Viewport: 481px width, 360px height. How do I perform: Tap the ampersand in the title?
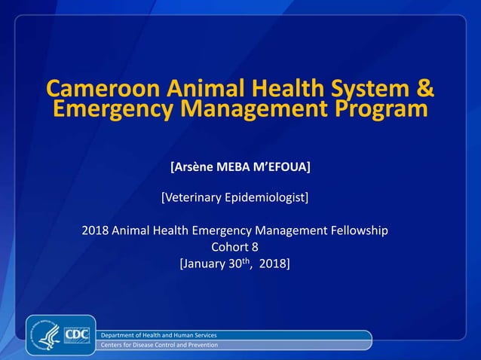pyautogui.click(x=425, y=89)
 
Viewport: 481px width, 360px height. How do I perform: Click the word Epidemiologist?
pyautogui.click(x=265, y=197)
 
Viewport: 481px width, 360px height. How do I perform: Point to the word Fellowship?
pyautogui.click(x=357, y=230)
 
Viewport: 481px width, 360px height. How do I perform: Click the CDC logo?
pyautogui.click(x=76, y=334)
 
